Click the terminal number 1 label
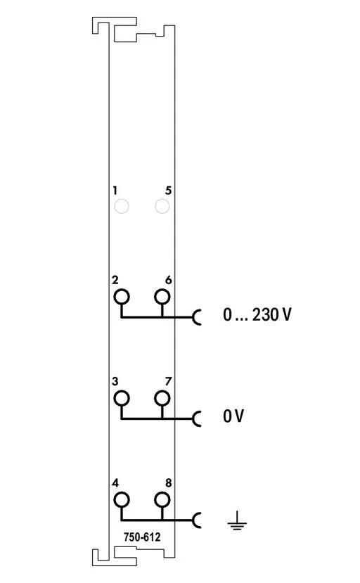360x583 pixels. pyautogui.click(x=115, y=191)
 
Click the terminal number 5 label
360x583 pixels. pyautogui.click(x=169, y=191)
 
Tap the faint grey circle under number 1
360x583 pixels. pyautogui.click(x=122, y=206)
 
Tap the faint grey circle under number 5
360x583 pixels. pyautogui.click(x=162, y=206)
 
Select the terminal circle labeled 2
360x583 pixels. pyautogui.click(x=122, y=297)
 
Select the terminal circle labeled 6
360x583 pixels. pyautogui.click(x=162, y=297)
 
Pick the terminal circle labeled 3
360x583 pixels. pyautogui.click(x=122, y=399)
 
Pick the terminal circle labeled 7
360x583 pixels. pyautogui.click(x=162, y=399)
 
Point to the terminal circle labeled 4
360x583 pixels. pyautogui.click(x=122, y=500)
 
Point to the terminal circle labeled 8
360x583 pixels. pyautogui.click(x=162, y=500)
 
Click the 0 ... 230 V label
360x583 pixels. pyautogui.click(x=257, y=314)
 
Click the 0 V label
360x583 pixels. pyautogui.click(x=233, y=416)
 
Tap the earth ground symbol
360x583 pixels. pyautogui.click(x=237, y=520)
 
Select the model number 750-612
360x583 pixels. pyautogui.click(x=142, y=537)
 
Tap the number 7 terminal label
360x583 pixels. pyautogui.click(x=169, y=381)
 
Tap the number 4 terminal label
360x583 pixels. pyautogui.click(x=115, y=483)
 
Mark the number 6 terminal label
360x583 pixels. pyautogui.click(x=169, y=280)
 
